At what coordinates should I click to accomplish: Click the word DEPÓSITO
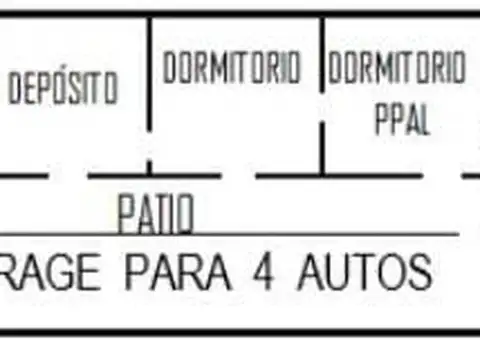[62, 89]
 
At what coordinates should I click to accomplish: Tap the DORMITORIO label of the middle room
[232, 68]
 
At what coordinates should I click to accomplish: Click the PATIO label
[155, 213]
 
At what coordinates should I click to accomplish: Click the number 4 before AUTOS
[269, 272]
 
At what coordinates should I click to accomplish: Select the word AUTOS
[364, 272]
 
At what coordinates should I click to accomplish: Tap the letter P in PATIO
[126, 213]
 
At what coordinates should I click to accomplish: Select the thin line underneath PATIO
[300, 235]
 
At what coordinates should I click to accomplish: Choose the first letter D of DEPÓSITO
[15, 89]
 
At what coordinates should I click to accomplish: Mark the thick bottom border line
[240, 332]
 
